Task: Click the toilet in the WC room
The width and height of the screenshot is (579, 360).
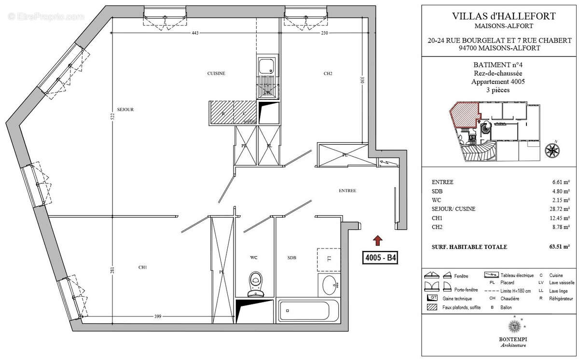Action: tap(255, 284)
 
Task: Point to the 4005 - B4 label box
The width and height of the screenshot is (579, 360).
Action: tap(380, 258)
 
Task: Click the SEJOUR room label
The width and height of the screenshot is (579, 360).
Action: tap(125, 110)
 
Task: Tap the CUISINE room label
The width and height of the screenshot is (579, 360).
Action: tap(216, 73)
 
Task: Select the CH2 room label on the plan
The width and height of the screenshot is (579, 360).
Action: tap(328, 73)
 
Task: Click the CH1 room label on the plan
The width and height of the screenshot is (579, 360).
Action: tap(142, 267)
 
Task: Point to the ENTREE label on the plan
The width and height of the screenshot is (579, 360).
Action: tap(347, 191)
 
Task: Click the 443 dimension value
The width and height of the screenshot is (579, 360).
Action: tap(195, 33)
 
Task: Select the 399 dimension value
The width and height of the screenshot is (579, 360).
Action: tap(158, 317)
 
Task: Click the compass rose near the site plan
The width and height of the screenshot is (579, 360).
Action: tap(551, 150)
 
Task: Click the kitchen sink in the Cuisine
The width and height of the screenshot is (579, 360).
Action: tap(266, 66)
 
